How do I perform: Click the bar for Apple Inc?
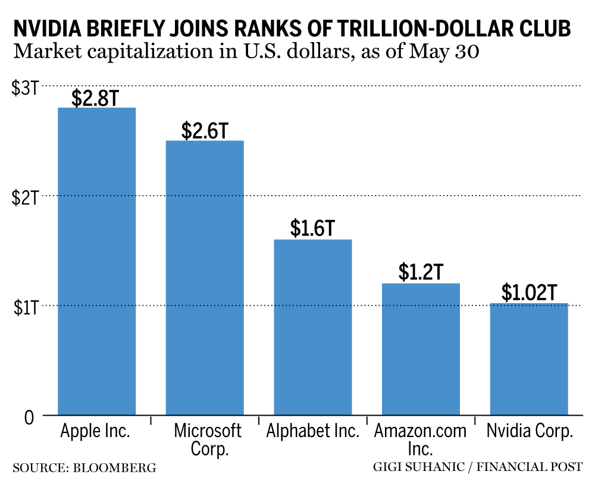pos(96,261)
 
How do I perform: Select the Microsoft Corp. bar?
pos(205,278)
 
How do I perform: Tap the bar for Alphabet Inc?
pos(312,327)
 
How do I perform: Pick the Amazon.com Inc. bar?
pos(421,349)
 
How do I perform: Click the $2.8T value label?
pos(95,98)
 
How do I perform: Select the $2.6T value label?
pos(205,130)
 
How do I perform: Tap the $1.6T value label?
pos(313,228)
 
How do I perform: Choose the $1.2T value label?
pos(421,272)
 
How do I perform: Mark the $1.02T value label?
pos(529,293)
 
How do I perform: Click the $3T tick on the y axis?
pos(26,87)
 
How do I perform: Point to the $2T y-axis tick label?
pos(26,197)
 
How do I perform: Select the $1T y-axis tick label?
pos(26,307)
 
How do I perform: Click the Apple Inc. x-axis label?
pos(95,431)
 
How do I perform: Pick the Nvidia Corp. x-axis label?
pos(530,431)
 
